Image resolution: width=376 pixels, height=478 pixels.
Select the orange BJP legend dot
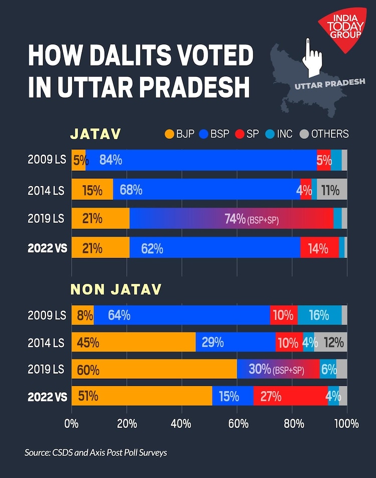point(169,134)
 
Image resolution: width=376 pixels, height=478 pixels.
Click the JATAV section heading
point(95,134)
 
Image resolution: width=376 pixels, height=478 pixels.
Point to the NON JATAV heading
point(116,289)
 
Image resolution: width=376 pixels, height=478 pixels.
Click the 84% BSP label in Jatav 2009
point(110,160)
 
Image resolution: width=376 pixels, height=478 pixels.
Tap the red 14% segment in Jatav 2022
point(319,248)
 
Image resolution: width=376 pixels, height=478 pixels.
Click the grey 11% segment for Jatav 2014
point(332,190)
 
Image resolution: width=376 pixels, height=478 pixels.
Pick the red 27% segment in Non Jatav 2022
point(290,396)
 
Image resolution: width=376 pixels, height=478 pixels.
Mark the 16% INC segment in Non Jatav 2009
point(319,315)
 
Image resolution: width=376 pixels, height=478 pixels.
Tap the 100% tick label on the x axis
point(346,423)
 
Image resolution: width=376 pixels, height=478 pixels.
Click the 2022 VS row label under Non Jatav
point(47,396)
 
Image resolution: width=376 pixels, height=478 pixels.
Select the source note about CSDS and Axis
point(96,452)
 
